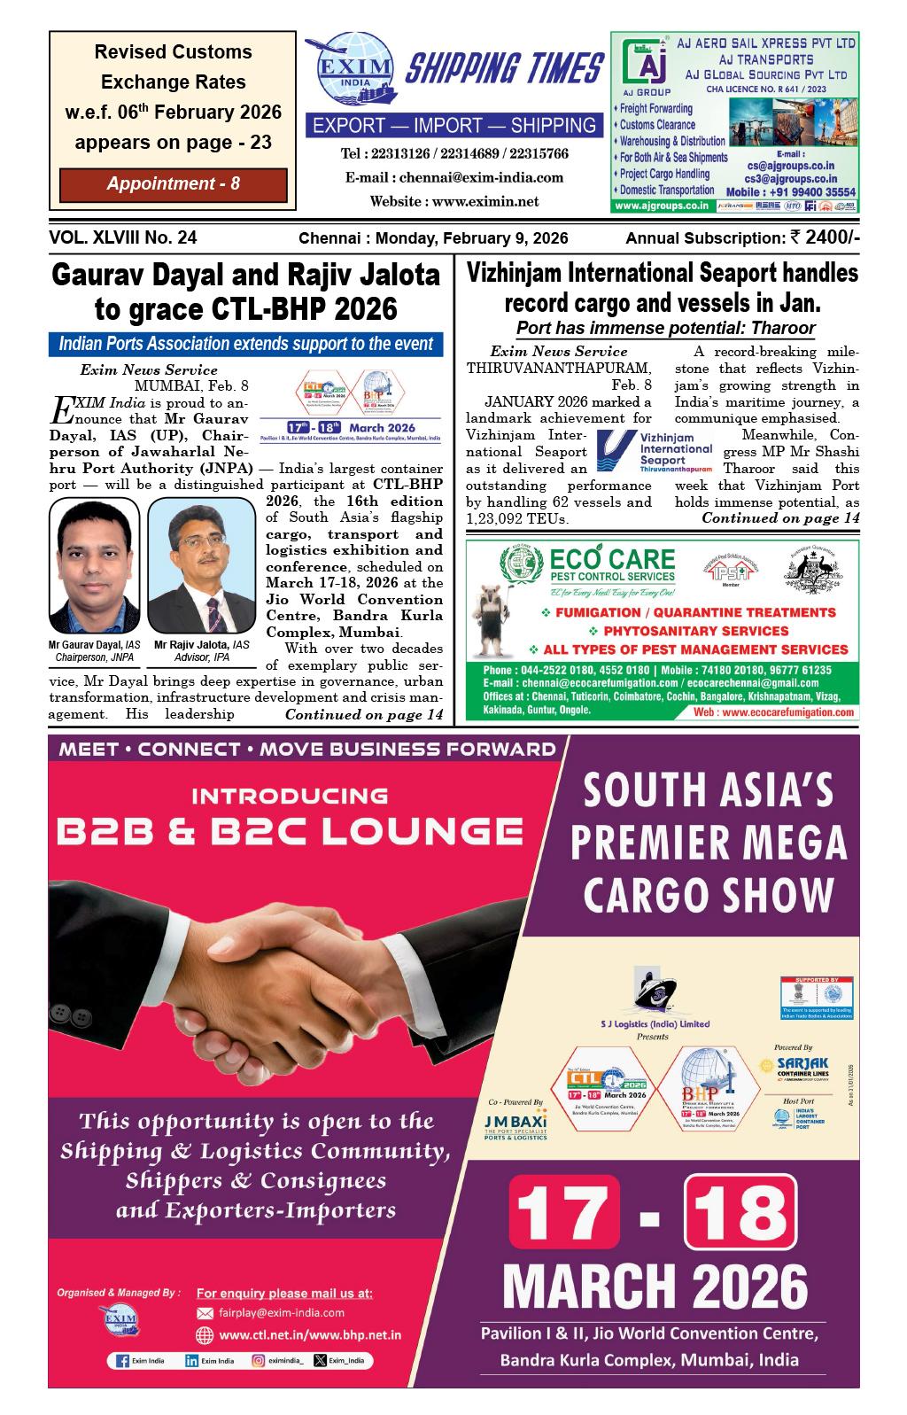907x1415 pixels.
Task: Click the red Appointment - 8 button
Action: [x=174, y=184]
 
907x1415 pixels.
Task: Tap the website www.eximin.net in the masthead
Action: [x=453, y=201]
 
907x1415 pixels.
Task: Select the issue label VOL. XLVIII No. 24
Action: [x=124, y=237]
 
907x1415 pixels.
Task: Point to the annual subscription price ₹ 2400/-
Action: [x=823, y=237]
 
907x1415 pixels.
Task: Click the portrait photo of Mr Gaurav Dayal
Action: [x=95, y=567]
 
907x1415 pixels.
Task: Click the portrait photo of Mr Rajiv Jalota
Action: [x=203, y=567]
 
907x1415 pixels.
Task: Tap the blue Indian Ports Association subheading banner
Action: [x=245, y=345]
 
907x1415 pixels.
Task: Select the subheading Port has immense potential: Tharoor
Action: [x=665, y=328]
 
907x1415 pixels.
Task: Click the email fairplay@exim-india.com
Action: [x=282, y=1312]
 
